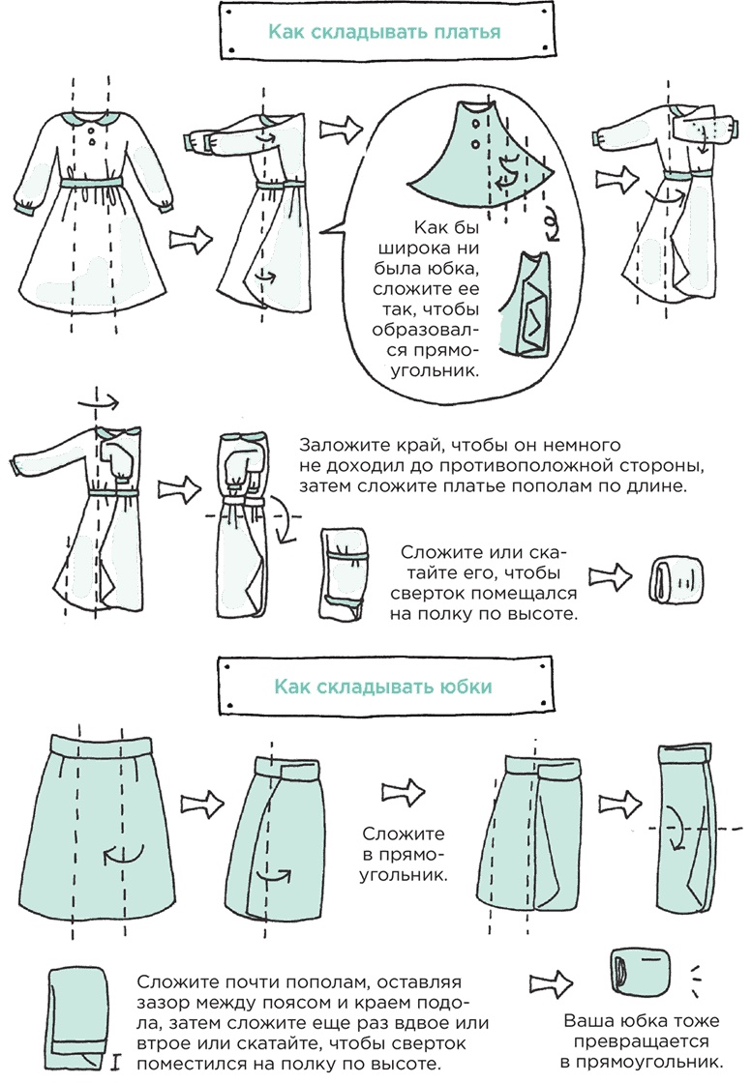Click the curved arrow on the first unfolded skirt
124,855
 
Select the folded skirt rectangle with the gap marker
78,1015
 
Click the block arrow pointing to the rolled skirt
551,982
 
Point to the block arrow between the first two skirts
202,804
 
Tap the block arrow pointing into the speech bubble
342,129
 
